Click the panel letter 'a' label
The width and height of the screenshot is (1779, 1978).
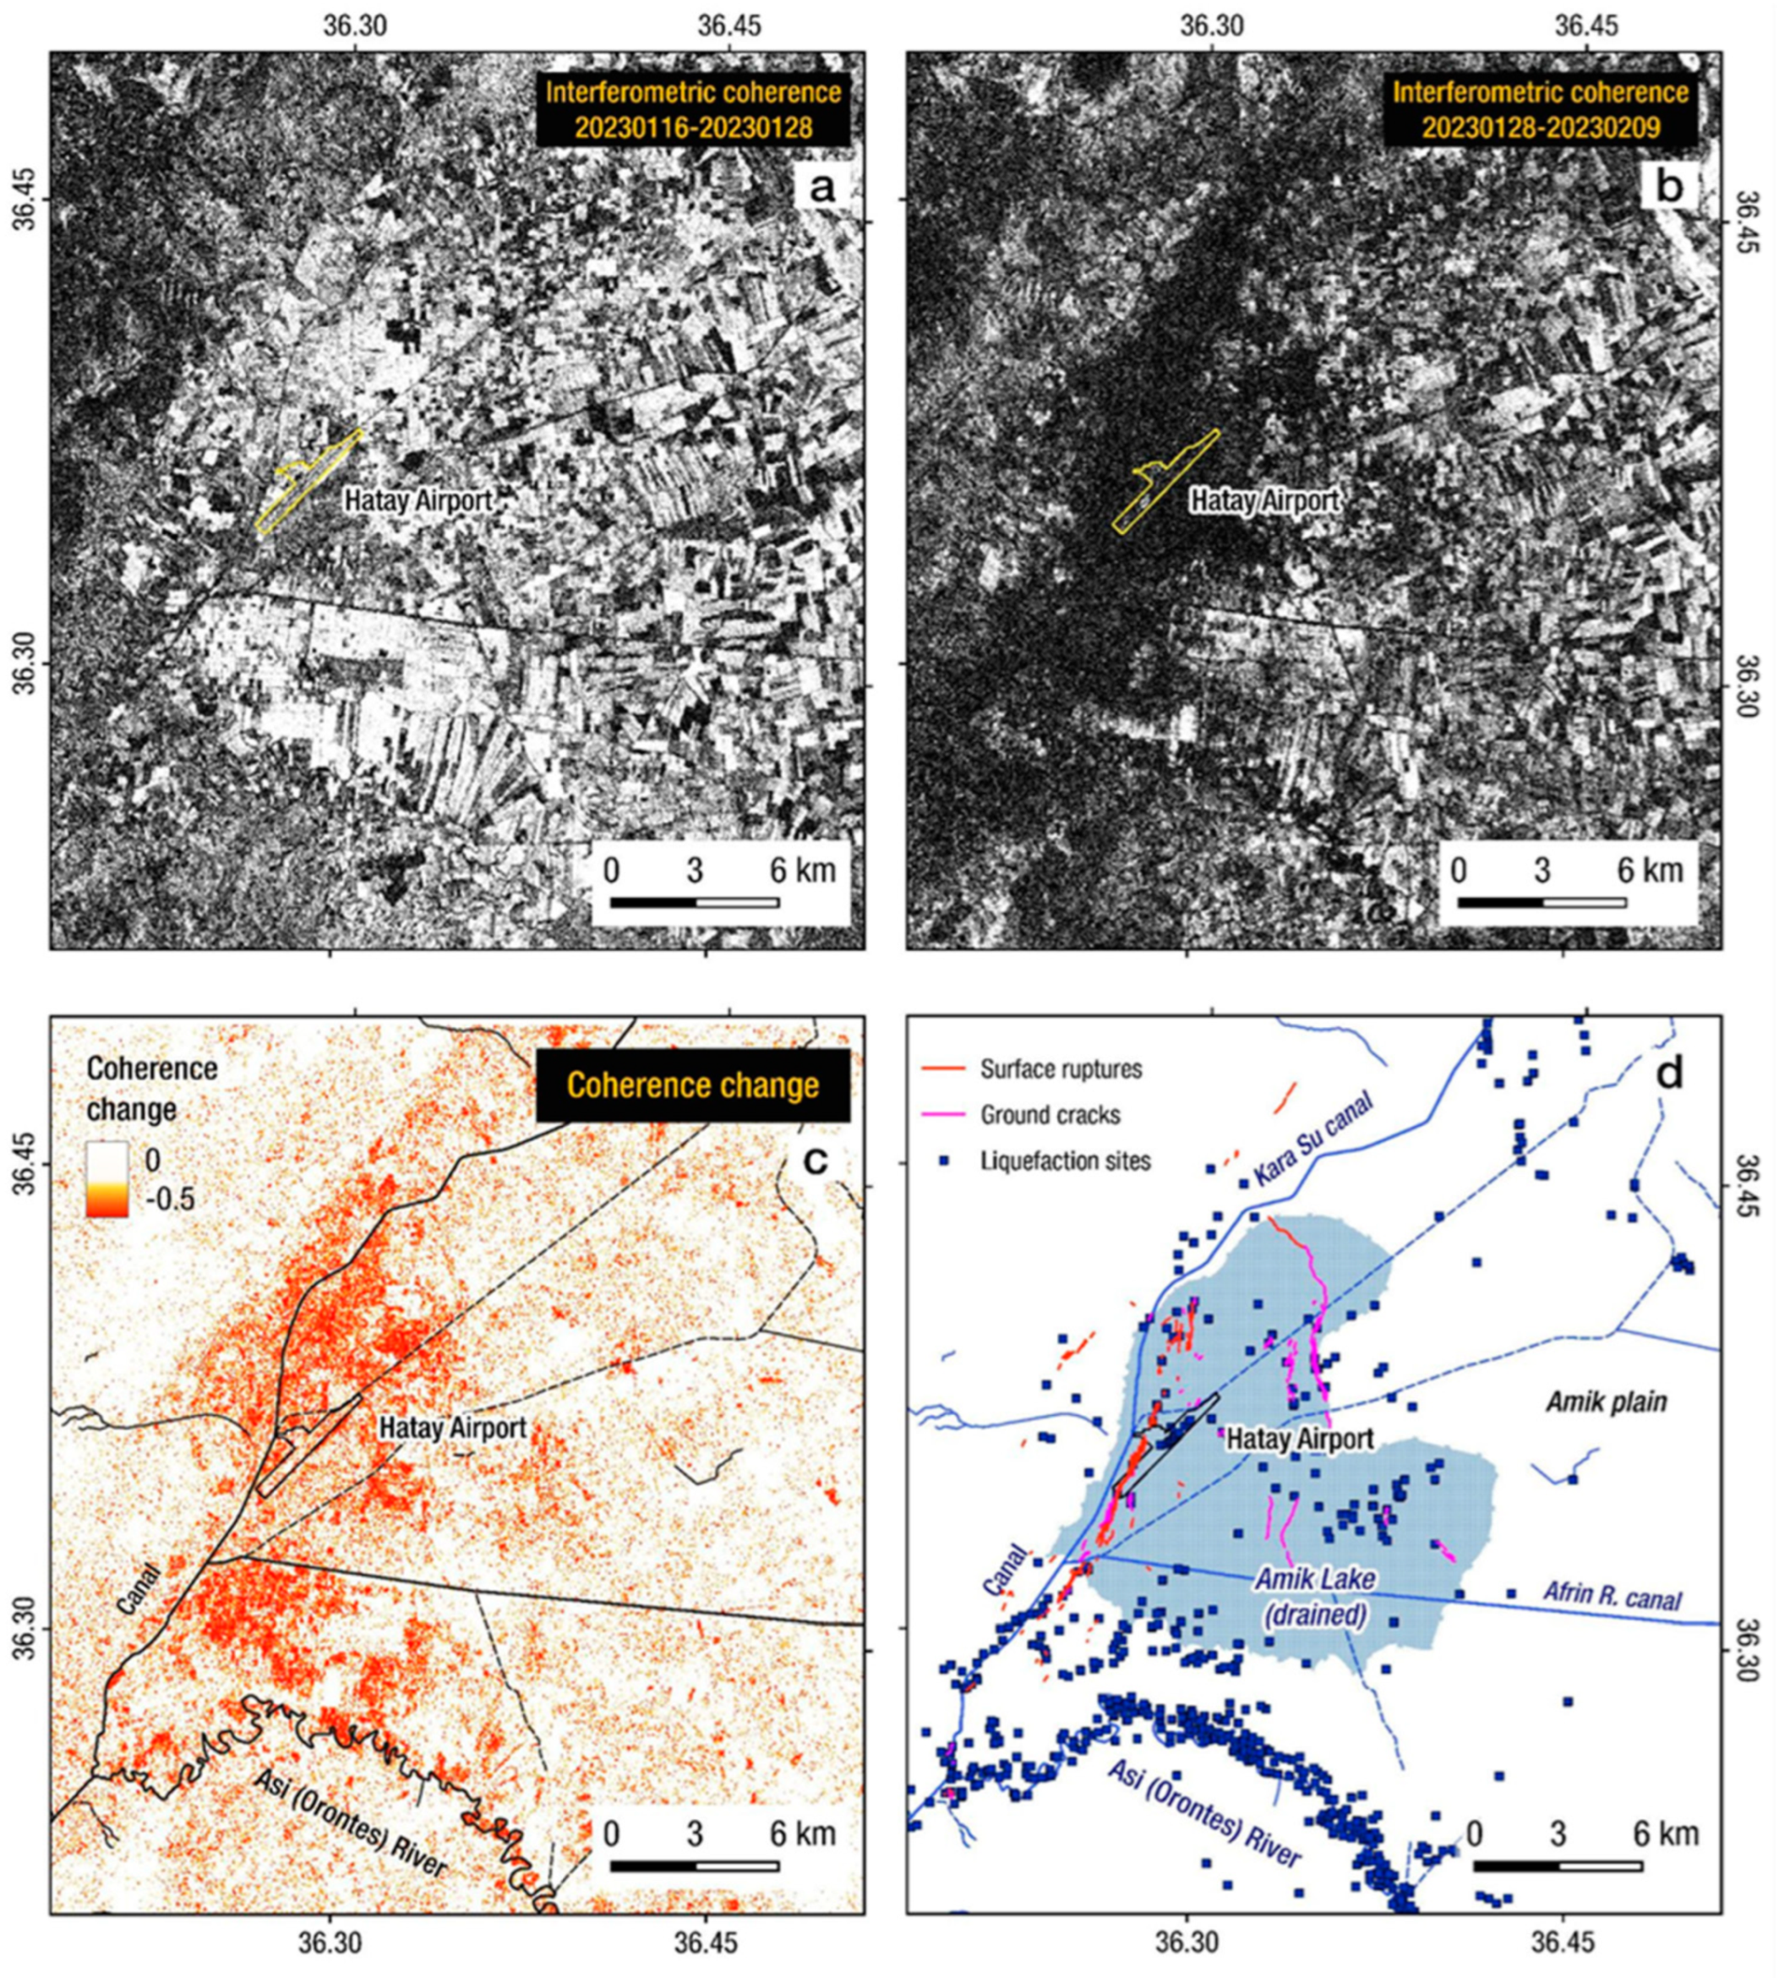pyautogui.click(x=822, y=186)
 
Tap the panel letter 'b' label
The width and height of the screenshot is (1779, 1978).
pyautogui.click(x=1669, y=186)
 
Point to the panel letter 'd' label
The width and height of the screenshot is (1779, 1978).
pyautogui.click(x=1668, y=1074)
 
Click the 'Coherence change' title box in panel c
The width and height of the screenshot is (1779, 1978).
pyautogui.click(x=692, y=1085)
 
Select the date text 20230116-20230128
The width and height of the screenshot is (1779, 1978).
pyautogui.click(x=692, y=127)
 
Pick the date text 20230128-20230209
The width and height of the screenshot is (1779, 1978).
pyautogui.click(x=1541, y=127)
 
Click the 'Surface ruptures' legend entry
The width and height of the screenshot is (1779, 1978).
pyautogui.click(x=1061, y=1068)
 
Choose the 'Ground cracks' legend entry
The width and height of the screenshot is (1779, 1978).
pyautogui.click(x=1050, y=1115)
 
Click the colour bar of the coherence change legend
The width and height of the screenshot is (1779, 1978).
pyautogui.click(x=106, y=1179)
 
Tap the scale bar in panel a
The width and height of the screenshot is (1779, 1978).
pyautogui.click(x=694, y=901)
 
